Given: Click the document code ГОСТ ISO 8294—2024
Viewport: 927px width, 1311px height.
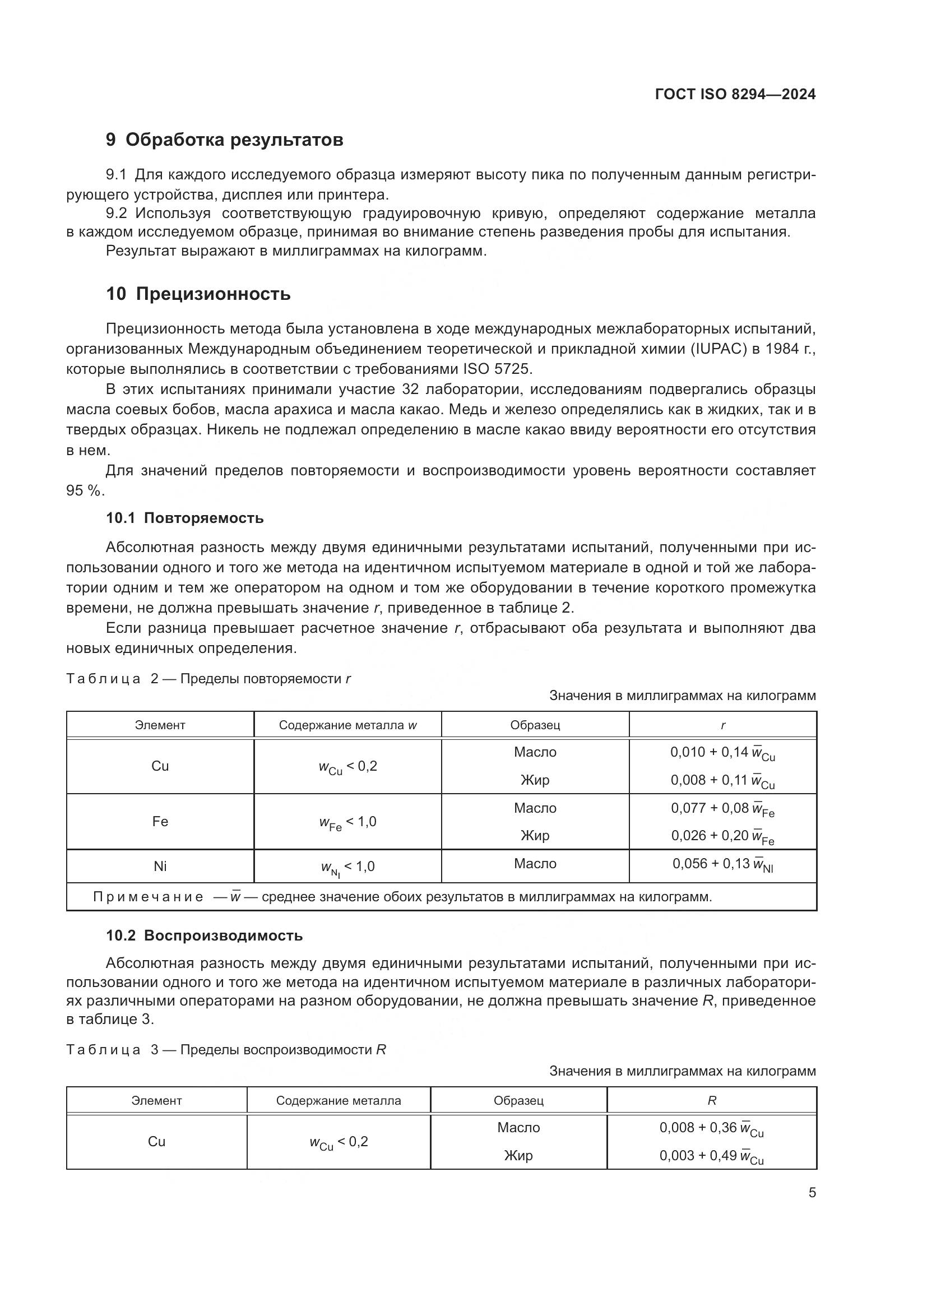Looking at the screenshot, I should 735,94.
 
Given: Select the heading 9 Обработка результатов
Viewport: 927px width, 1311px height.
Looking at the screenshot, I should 224,140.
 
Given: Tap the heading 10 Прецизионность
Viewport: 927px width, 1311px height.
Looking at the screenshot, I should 198,294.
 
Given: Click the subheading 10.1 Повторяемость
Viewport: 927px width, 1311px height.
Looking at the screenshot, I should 185,518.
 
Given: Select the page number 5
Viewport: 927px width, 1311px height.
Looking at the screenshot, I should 812,1193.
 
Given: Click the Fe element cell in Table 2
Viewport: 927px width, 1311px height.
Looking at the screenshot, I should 160,822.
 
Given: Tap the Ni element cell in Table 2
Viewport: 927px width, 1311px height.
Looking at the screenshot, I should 160,866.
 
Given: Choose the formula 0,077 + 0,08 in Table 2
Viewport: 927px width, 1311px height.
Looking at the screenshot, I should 722,809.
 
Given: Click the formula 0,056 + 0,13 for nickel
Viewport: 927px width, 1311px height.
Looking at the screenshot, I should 722,864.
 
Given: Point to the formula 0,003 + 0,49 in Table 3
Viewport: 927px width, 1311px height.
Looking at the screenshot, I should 711,1156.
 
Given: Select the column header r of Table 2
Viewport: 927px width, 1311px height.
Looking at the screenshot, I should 722,725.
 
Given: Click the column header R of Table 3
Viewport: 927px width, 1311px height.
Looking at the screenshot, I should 712,1101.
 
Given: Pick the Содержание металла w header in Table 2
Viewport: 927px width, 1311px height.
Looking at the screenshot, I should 347,725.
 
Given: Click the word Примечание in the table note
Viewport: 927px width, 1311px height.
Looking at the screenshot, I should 148,897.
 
